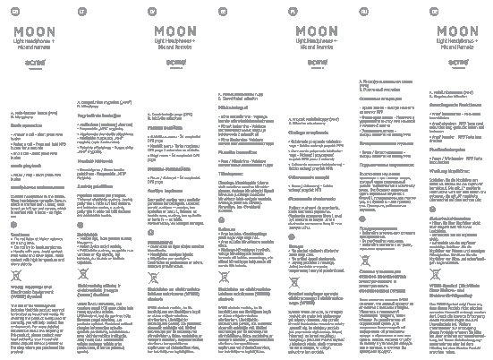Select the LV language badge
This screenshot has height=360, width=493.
tap(152, 12)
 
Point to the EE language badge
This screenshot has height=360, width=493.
tap(222, 12)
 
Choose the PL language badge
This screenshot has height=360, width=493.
tap(293, 12)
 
